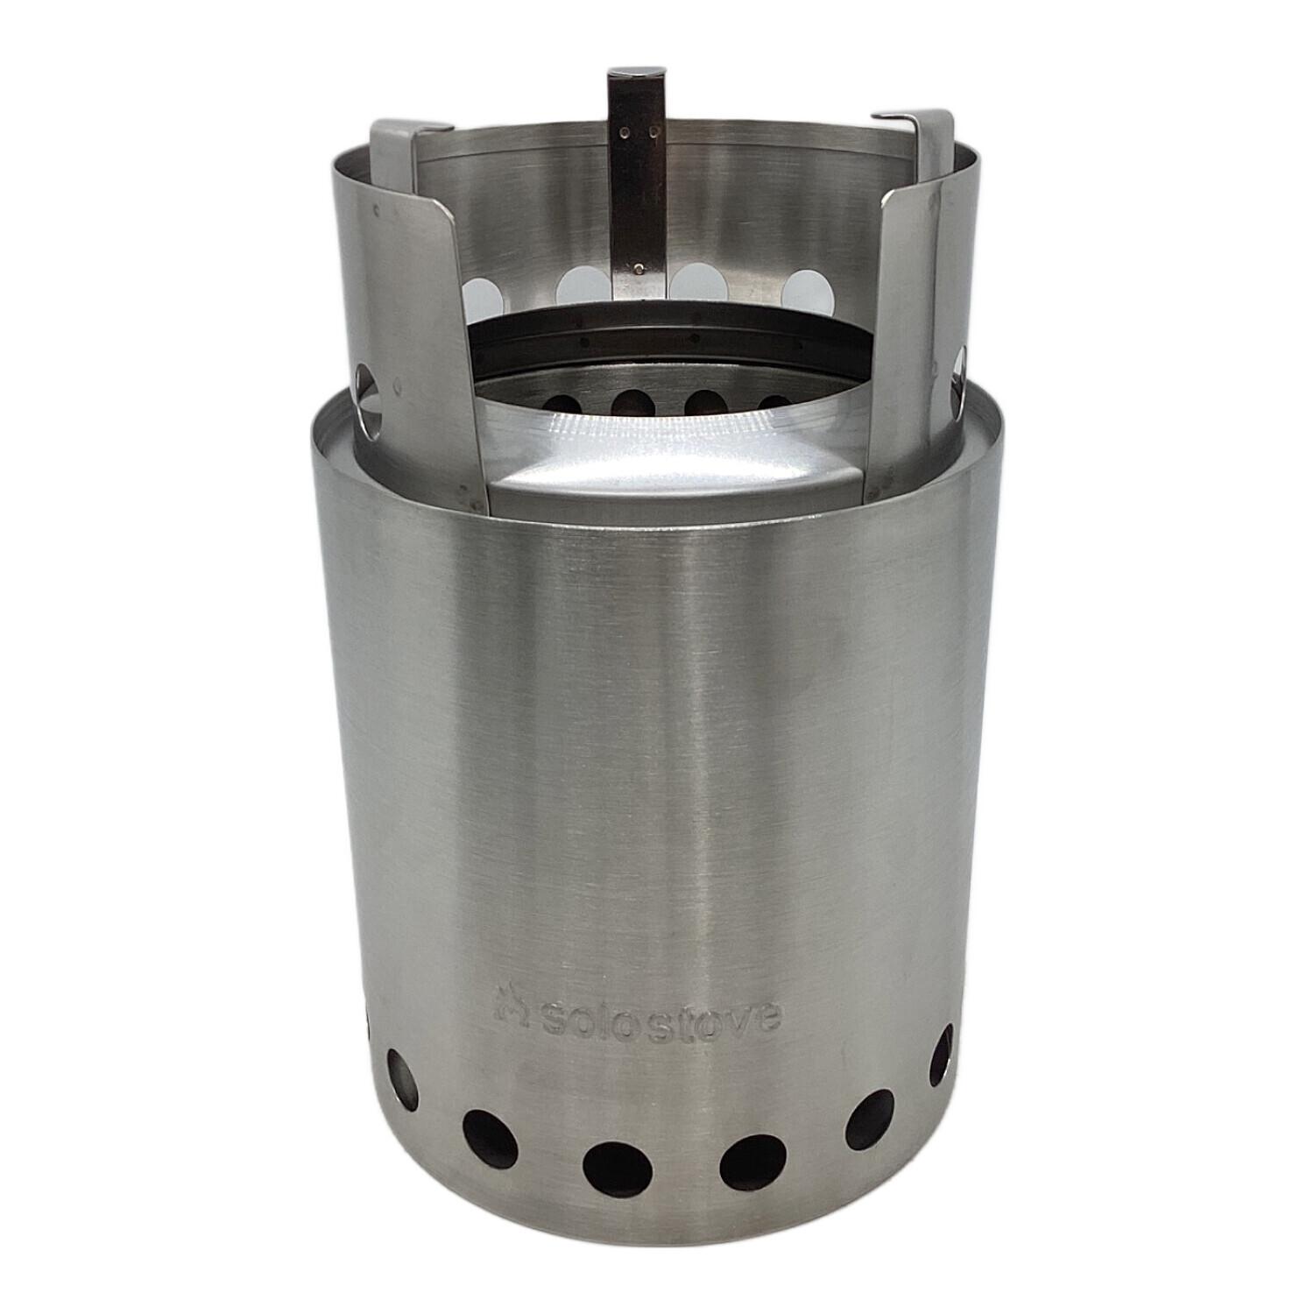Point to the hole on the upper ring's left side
click(367, 395)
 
